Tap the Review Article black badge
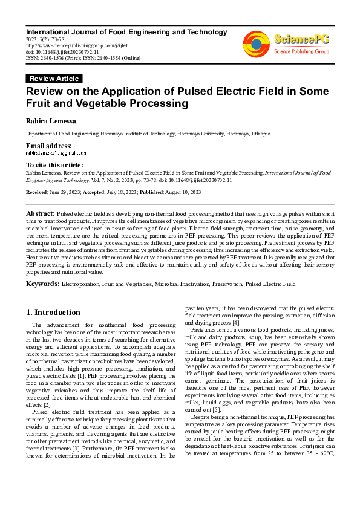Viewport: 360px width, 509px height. tap(54, 79)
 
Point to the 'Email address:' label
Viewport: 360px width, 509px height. tap(48, 146)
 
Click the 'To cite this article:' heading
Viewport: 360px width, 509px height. tap(54, 165)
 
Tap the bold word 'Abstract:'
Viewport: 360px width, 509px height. tap(40, 214)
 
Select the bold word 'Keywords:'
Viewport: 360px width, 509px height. tap(42, 283)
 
